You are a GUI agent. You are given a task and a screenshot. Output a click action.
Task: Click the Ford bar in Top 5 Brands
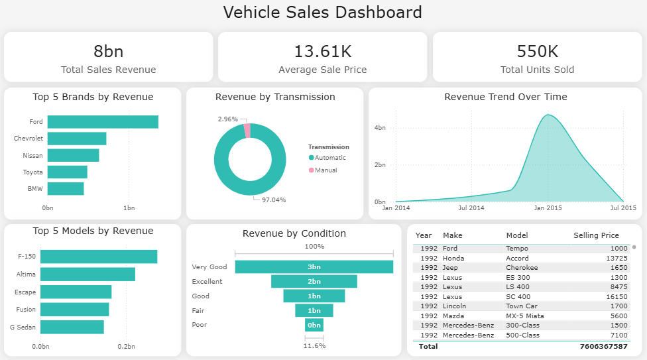[x=103, y=122]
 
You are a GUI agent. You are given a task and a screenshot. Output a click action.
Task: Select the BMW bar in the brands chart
[x=66, y=189]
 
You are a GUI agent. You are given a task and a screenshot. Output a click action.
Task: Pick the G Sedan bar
[x=72, y=327]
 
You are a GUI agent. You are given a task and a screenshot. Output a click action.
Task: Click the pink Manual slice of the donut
[x=247, y=131]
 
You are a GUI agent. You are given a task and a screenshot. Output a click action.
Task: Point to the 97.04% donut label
[x=273, y=200]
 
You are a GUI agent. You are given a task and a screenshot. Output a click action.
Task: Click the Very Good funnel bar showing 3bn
[x=314, y=267]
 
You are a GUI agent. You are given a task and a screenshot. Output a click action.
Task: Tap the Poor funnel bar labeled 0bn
[x=314, y=325]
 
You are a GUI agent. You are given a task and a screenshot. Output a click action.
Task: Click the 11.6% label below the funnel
[x=314, y=346]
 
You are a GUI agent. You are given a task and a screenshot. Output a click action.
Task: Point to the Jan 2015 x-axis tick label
[x=548, y=208]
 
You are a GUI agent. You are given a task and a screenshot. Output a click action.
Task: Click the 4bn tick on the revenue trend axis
[x=380, y=127]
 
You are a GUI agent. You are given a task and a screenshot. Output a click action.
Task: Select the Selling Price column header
[x=596, y=235]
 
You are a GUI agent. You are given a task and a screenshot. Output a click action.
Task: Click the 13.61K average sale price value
[x=322, y=52]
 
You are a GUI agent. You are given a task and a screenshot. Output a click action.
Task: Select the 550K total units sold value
[x=537, y=52]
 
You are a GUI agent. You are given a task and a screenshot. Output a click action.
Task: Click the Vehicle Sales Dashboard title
[x=322, y=12]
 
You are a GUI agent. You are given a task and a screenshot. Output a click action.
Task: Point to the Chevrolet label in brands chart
[x=28, y=139]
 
